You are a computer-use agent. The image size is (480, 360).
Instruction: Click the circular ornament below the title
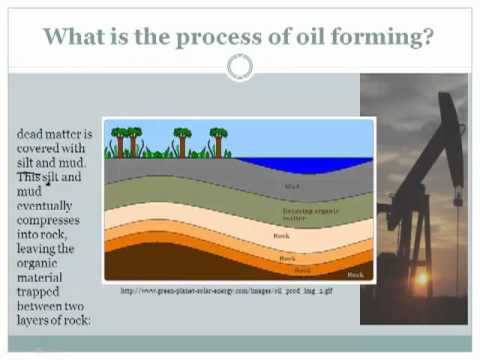point(240,68)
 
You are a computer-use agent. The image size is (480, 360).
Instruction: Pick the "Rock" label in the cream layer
point(281,235)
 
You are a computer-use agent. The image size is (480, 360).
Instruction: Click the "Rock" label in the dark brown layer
point(355,273)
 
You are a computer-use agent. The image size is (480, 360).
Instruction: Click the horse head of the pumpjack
point(451,130)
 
